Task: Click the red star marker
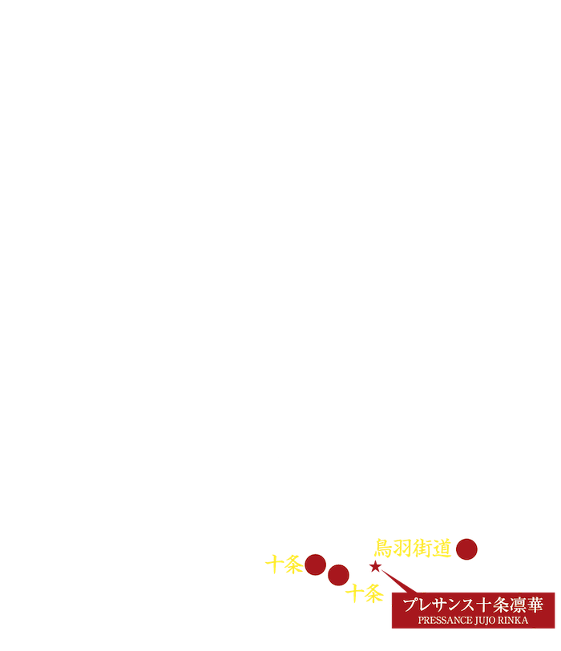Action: pos(374,567)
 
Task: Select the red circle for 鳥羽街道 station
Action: pos(466,549)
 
